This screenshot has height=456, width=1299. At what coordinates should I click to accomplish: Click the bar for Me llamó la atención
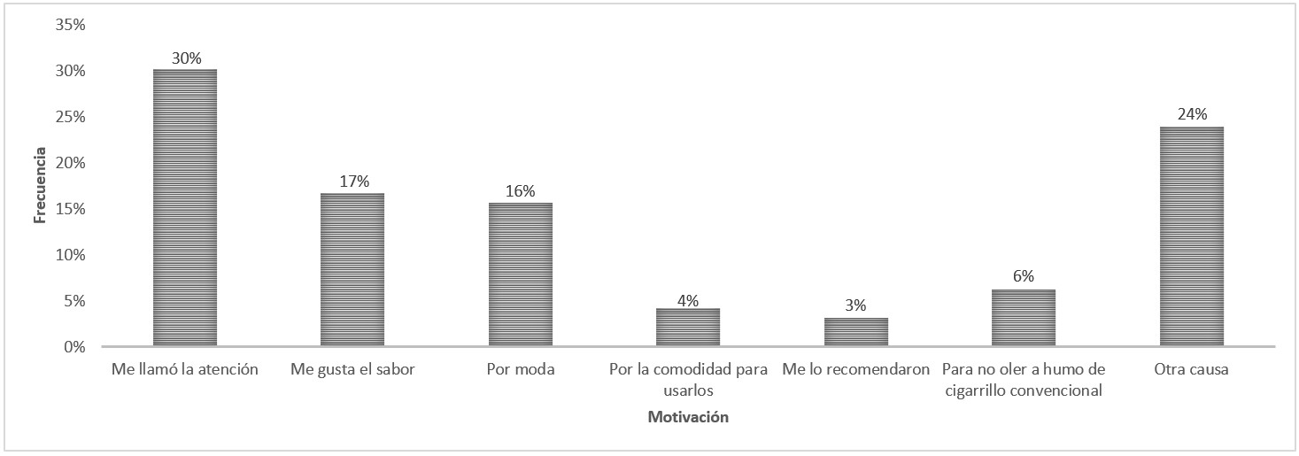[x=185, y=207]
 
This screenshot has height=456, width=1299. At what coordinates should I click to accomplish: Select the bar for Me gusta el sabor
[x=352, y=269]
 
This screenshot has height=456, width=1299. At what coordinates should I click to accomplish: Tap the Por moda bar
[x=521, y=274]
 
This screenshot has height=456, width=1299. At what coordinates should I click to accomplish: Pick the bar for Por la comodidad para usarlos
[x=688, y=327]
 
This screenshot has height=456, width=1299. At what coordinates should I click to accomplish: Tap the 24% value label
[x=1193, y=114]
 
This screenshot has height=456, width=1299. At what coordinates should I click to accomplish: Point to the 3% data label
[x=856, y=305]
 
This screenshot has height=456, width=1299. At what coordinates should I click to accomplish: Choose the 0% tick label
[x=73, y=347]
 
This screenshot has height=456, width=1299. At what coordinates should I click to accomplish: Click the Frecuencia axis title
[x=39, y=187]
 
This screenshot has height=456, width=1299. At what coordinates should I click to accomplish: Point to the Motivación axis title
[x=688, y=417]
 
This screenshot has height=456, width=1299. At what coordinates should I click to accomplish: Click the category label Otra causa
[x=1191, y=369]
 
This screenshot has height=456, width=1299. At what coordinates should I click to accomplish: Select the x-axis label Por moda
[x=521, y=369]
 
